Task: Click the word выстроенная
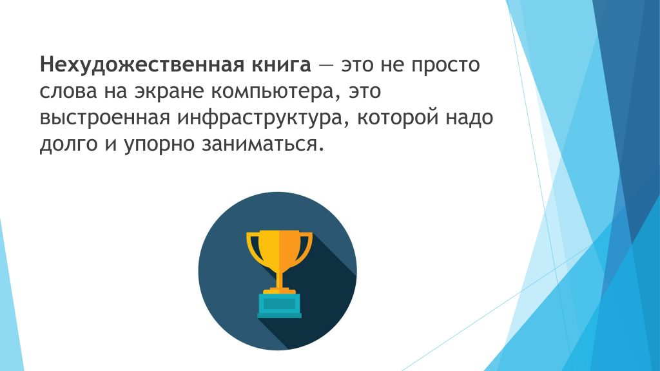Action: coord(105,119)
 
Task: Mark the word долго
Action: coord(68,144)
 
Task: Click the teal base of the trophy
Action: coord(280,305)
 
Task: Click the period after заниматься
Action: coord(322,149)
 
